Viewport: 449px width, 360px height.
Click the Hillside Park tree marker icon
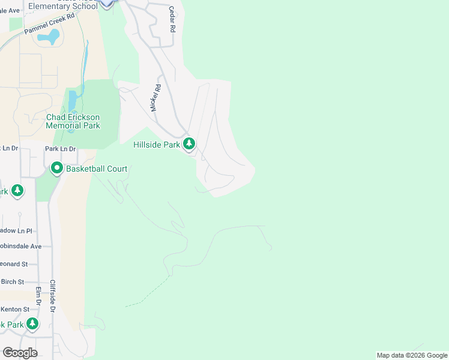tap(189, 144)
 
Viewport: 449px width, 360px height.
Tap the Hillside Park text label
tap(157, 145)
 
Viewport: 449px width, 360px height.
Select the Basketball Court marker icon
tap(57, 169)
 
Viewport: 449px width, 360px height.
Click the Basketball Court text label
tap(97, 169)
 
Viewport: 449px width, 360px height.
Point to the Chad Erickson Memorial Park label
tap(73, 121)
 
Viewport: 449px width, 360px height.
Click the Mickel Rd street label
tap(156, 97)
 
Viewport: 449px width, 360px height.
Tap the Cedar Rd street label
tap(172, 19)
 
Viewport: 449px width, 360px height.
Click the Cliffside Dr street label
tap(53, 296)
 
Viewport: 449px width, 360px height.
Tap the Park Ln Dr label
tap(61, 149)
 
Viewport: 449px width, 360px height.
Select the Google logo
tap(20, 353)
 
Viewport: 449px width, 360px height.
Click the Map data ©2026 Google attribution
tap(412, 355)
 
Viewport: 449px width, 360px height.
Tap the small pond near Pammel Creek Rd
tap(49, 38)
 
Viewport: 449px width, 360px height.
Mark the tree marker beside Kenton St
tap(32, 324)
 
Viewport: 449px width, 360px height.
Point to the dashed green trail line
tap(147, 293)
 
